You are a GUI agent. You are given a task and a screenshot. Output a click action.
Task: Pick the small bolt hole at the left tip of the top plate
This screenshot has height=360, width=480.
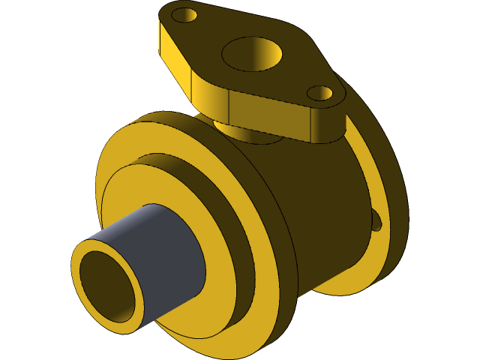pyautogui.click(x=184, y=15)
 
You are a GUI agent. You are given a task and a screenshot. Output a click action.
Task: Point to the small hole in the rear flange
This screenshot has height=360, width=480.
pyautogui.click(x=377, y=220)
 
